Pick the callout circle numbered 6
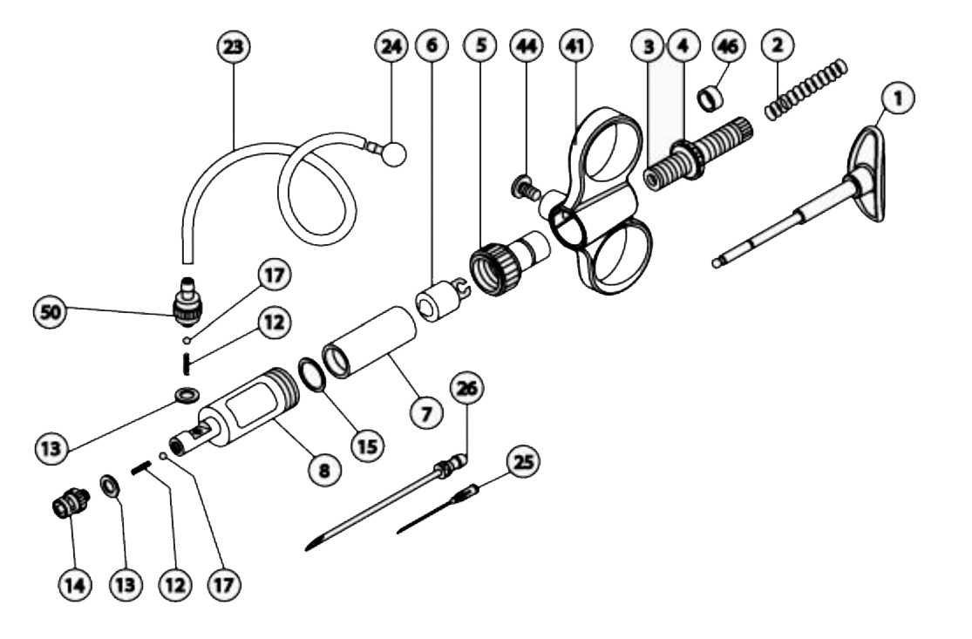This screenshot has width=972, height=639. pos(427,48)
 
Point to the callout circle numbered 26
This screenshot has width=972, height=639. pos(467,390)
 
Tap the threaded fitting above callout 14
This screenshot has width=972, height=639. pos(67,504)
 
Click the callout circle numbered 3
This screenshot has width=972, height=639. pos(648,48)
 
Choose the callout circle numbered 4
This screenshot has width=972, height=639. pos(680,48)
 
